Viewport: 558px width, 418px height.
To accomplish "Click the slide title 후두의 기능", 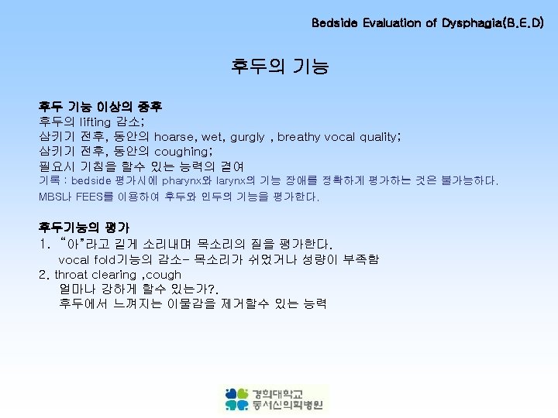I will point(279,67).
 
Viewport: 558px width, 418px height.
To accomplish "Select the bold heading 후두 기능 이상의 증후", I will point(100,106).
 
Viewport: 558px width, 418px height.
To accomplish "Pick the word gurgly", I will point(246,137).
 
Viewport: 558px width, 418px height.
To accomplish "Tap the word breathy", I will point(299,137).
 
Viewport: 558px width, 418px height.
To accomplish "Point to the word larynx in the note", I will point(236,180).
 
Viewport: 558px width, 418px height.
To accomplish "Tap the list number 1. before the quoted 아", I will point(43,244).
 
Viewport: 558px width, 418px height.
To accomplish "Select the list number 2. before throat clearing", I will point(43,275).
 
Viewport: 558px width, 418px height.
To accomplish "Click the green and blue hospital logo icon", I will point(237,399).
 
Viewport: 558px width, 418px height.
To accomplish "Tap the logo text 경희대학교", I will point(277,392).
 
